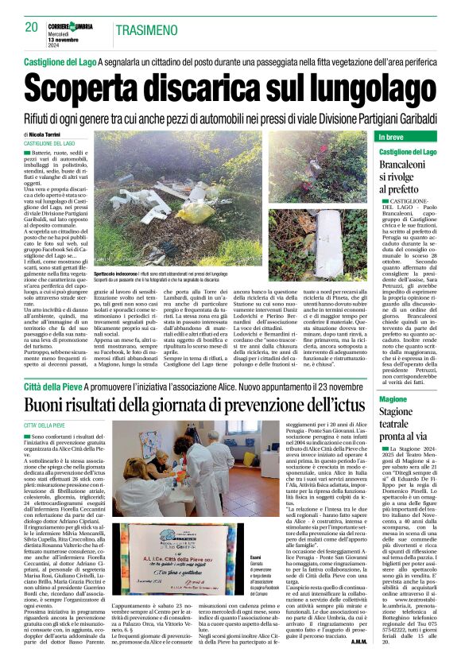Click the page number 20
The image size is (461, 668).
point(32,27)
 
